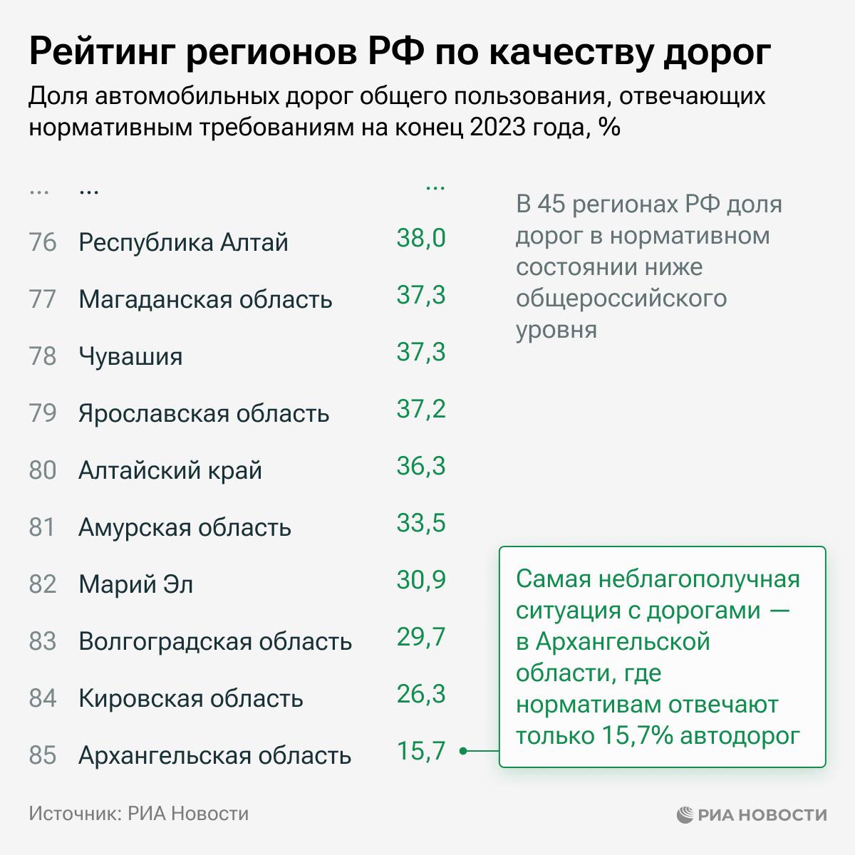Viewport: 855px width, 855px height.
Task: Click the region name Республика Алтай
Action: tap(183, 242)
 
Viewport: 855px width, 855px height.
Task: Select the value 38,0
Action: tap(420, 238)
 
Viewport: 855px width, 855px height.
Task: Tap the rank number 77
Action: tap(43, 299)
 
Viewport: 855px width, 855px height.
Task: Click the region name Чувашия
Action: tap(130, 356)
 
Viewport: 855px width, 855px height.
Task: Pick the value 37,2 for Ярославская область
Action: tap(420, 409)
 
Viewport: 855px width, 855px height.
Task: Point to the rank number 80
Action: tap(43, 470)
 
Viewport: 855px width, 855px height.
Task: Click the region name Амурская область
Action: tap(185, 527)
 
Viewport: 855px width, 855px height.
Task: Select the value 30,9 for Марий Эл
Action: tap(420, 580)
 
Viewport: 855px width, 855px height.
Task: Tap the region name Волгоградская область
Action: tap(215, 641)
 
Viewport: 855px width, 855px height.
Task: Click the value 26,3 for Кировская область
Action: tap(420, 694)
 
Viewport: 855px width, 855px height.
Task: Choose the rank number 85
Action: tap(43, 755)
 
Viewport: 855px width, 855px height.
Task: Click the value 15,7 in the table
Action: tap(420, 751)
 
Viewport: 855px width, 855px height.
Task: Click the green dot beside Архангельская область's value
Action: tap(463, 751)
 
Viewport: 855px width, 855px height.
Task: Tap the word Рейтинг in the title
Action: tap(100, 53)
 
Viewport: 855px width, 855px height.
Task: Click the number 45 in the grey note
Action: tap(551, 205)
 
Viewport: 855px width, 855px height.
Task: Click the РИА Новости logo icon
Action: tap(685, 814)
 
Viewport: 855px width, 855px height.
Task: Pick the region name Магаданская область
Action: tap(205, 299)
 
